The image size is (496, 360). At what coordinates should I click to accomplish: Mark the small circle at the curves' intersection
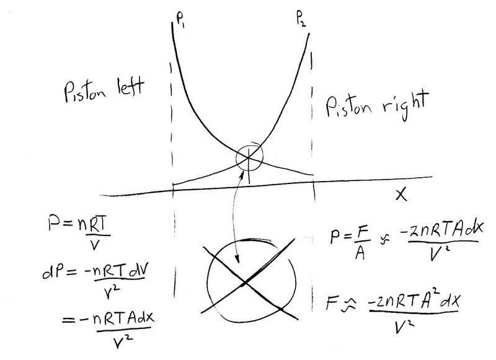click(249, 159)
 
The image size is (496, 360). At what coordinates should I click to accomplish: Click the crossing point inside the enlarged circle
click(246, 284)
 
